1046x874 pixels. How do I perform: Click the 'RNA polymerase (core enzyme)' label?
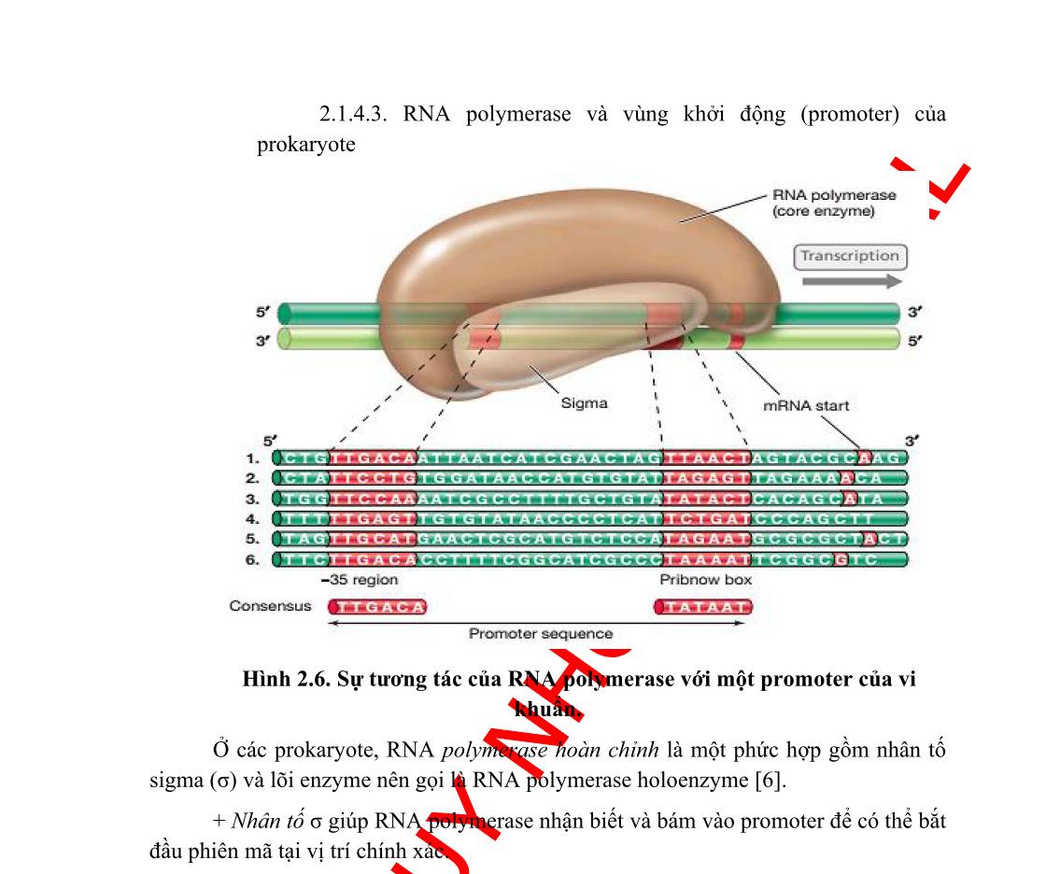coord(834,204)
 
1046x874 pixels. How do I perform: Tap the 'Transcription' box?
coord(849,256)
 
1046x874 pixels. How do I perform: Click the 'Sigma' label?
coord(586,403)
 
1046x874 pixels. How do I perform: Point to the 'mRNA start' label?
coord(806,406)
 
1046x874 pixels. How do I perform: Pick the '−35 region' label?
coord(360,580)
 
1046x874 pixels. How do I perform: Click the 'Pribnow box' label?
coord(706,580)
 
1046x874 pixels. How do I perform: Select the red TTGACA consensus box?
coord(377,607)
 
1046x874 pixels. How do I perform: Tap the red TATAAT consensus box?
coord(704,607)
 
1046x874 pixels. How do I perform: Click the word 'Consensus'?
coord(271,607)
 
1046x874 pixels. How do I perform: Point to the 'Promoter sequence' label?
coord(541,634)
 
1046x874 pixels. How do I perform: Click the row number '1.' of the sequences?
coord(252,458)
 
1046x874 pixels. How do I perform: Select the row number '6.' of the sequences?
coord(252,559)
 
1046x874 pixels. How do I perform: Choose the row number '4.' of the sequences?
coord(252,519)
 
